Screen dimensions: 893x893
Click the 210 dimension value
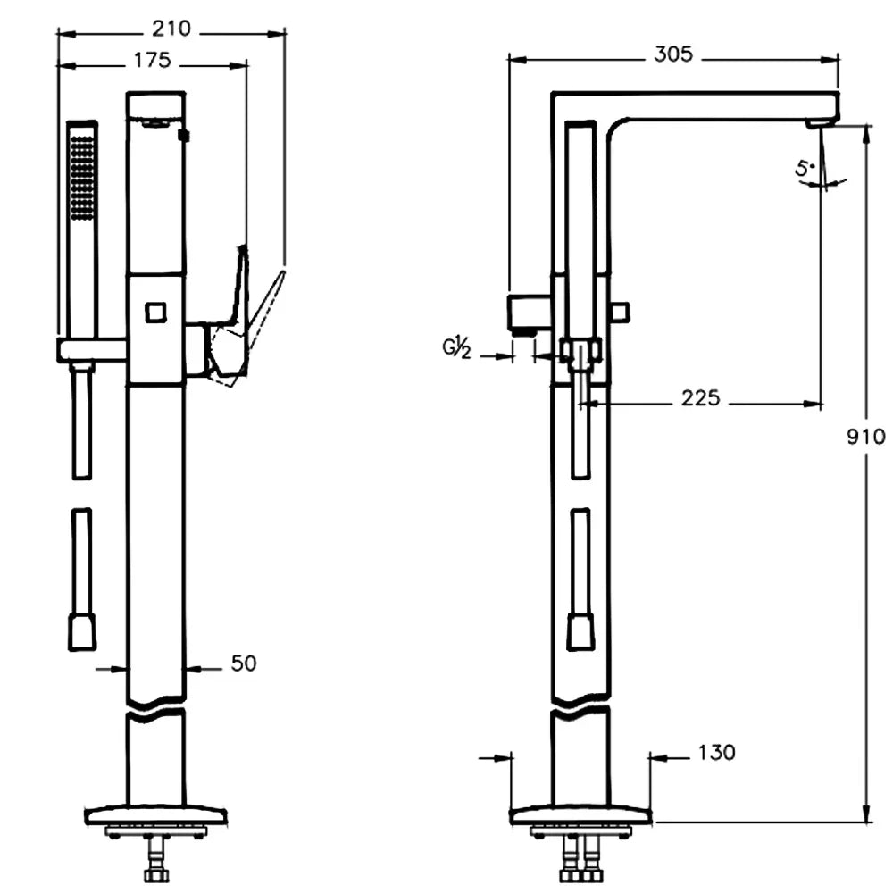[171, 29]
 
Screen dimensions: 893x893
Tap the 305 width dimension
[672, 54]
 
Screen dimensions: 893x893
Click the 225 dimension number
[700, 398]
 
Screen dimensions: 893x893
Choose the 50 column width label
[243, 663]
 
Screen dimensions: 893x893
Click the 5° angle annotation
[805, 168]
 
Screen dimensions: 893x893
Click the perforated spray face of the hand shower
[82, 175]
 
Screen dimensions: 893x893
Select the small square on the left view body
[155, 313]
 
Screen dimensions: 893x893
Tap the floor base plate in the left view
[156, 814]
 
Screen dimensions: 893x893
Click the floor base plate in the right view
[580, 814]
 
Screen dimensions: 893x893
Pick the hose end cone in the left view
[82, 630]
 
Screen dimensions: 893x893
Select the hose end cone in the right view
[580, 630]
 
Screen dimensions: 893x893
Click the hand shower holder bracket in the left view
[93, 349]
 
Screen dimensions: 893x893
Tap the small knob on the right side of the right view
[620, 312]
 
